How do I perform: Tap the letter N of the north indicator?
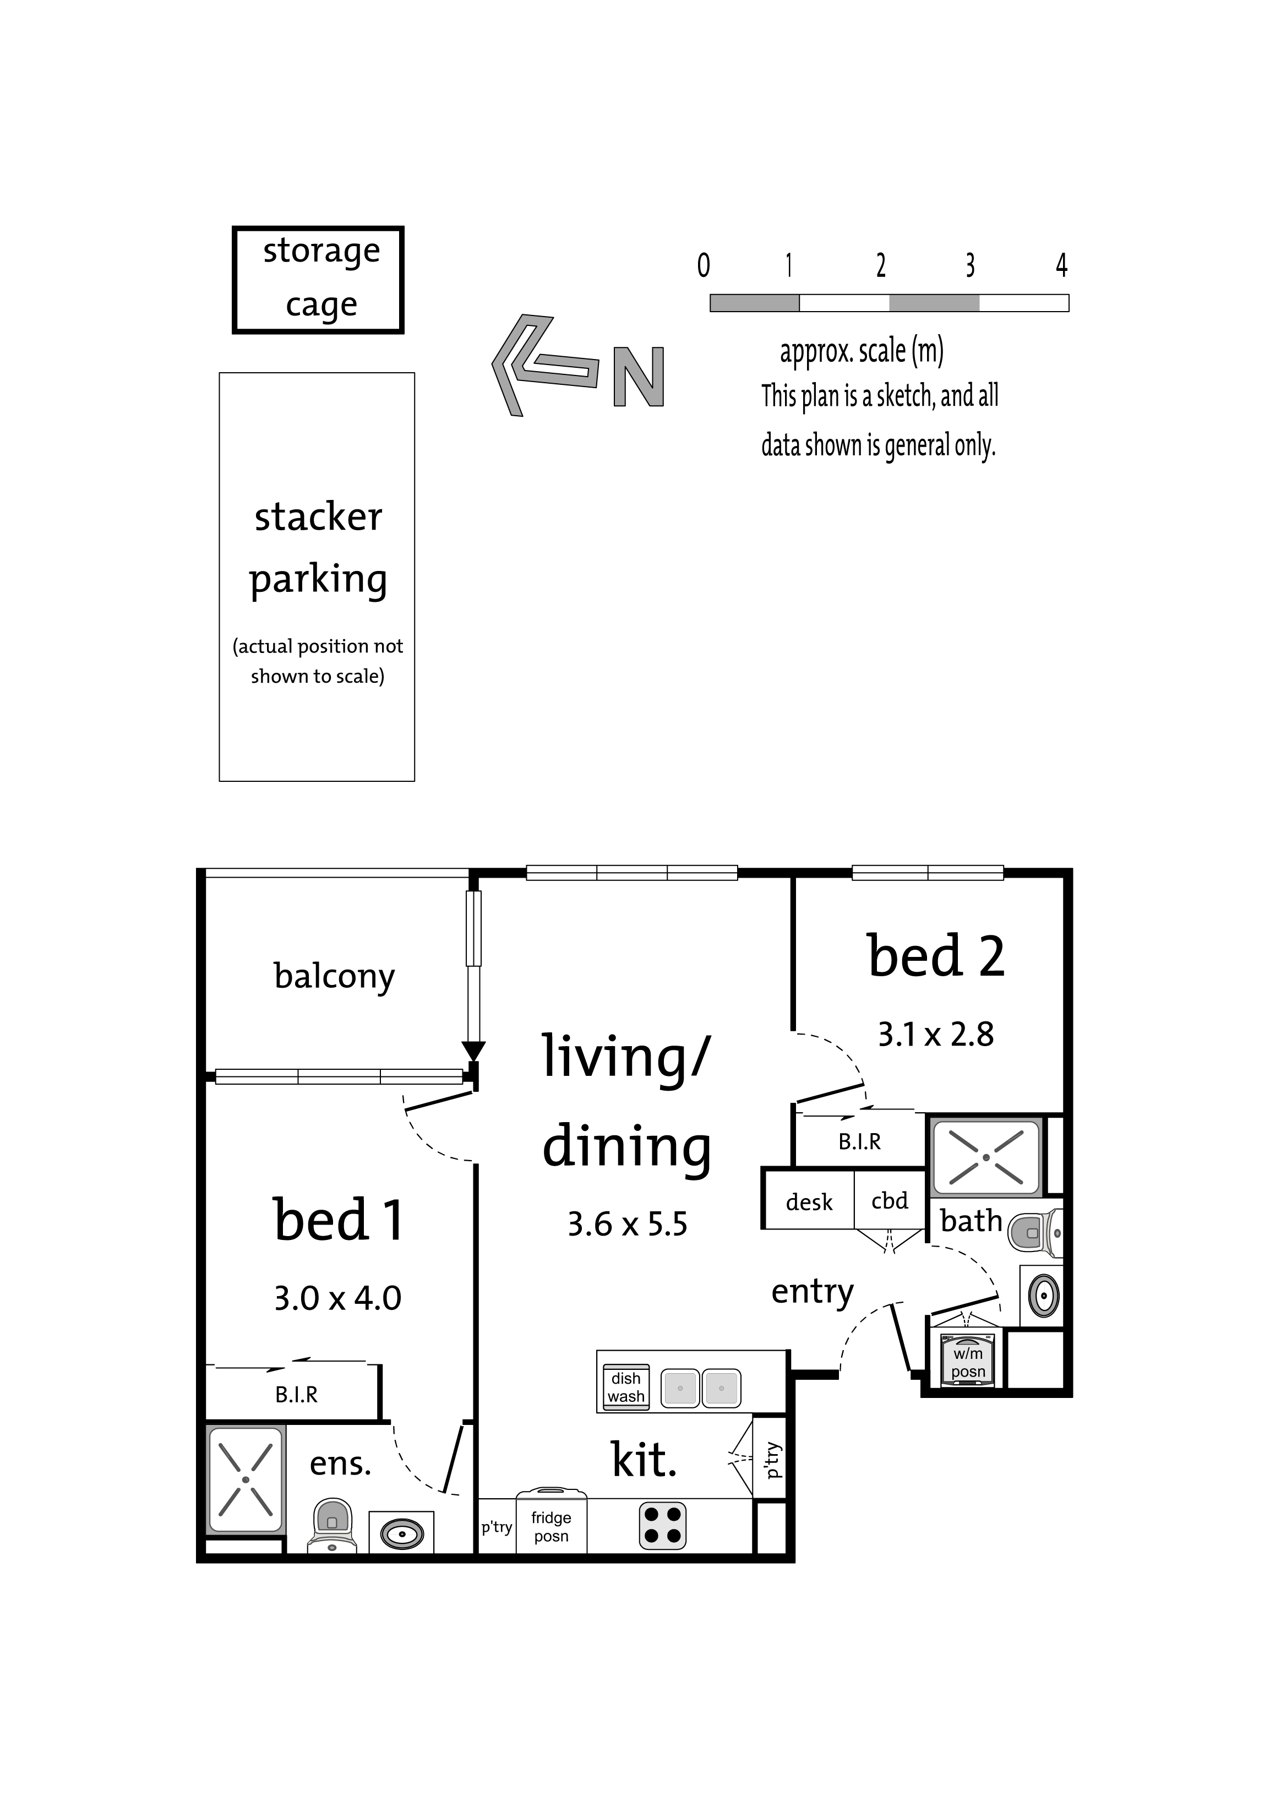pos(639,377)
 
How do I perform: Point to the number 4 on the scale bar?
pos(1062,265)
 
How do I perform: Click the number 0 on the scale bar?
pos(704,265)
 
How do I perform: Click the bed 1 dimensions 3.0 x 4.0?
pos(337,1298)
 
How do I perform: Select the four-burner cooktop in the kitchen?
pos(663,1526)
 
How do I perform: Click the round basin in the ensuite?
pos(402,1535)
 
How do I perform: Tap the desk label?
pos(809,1203)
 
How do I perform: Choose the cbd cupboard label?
pos(889,1201)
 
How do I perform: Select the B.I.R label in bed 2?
pos(859,1141)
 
